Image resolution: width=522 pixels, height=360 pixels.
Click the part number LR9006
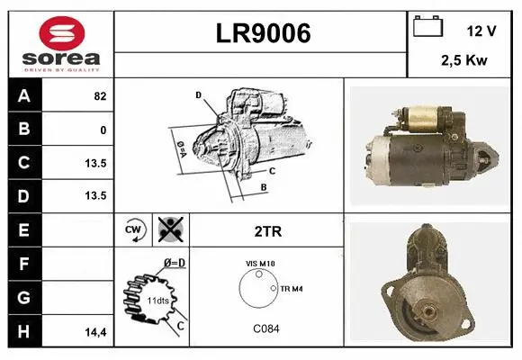pyautogui.click(x=263, y=33)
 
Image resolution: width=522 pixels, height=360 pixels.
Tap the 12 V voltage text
pyautogui.click(x=481, y=31)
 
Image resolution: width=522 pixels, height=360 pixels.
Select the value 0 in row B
pyautogui.click(x=103, y=130)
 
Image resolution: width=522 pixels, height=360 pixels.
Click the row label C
pyautogui.click(x=23, y=163)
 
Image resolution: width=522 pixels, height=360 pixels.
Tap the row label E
pyautogui.click(x=23, y=229)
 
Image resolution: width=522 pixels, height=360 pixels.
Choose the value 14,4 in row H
pyautogui.click(x=95, y=331)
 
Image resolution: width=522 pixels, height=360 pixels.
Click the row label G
pyautogui.click(x=23, y=296)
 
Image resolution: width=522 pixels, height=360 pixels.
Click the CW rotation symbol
pyautogui.click(x=133, y=230)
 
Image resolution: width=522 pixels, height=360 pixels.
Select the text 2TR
pyautogui.click(x=266, y=231)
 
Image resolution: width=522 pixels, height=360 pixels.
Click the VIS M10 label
pyautogui.click(x=262, y=264)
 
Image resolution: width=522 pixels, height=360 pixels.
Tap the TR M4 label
pyautogui.click(x=292, y=288)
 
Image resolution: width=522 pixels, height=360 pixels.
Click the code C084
pyautogui.click(x=265, y=329)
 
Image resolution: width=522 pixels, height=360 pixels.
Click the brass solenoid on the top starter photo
pyautogui.click(x=422, y=115)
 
